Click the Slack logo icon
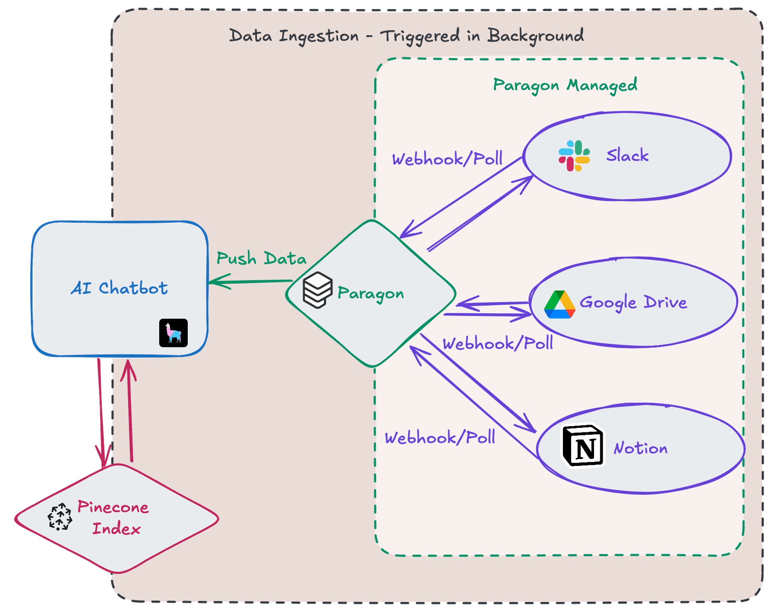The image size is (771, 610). click(574, 156)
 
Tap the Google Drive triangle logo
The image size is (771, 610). click(560, 305)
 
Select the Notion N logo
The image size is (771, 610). click(583, 446)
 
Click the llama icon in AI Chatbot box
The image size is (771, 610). click(173, 333)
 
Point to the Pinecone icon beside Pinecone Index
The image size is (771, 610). click(60, 517)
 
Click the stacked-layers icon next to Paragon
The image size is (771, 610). click(317, 290)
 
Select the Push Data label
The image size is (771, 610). click(261, 259)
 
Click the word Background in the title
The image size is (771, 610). click(535, 36)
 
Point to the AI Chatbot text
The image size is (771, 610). click(119, 288)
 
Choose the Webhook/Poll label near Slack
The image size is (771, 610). click(447, 159)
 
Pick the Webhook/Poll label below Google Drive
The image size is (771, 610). click(498, 343)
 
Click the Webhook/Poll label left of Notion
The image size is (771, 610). click(440, 438)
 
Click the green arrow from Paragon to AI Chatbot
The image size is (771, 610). click(251, 281)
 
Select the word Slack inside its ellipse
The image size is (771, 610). click(627, 155)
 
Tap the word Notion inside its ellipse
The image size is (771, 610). click(640, 448)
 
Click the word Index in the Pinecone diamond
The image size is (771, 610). click(116, 528)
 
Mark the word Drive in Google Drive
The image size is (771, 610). click(665, 302)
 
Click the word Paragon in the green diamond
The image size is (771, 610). click(370, 294)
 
